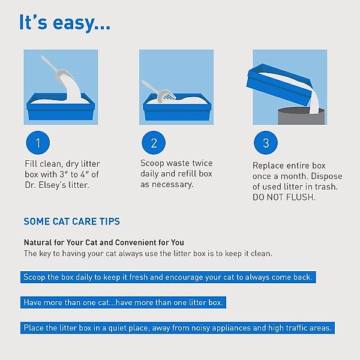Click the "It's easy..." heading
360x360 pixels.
pos(65,23)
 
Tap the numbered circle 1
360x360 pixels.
pos(38,143)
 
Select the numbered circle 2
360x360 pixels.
pos(154,143)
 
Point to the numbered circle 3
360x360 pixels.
pos(266,143)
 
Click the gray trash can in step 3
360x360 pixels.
pos(301,116)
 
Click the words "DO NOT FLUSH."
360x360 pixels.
pos(284,197)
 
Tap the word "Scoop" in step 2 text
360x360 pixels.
pos(152,163)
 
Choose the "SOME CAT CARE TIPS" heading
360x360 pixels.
pos(72,221)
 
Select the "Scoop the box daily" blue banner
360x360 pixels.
pos(168,277)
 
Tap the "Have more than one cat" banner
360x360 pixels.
pos(123,302)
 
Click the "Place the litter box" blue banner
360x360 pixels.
pos(178,328)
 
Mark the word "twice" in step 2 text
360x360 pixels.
pos(202,163)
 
